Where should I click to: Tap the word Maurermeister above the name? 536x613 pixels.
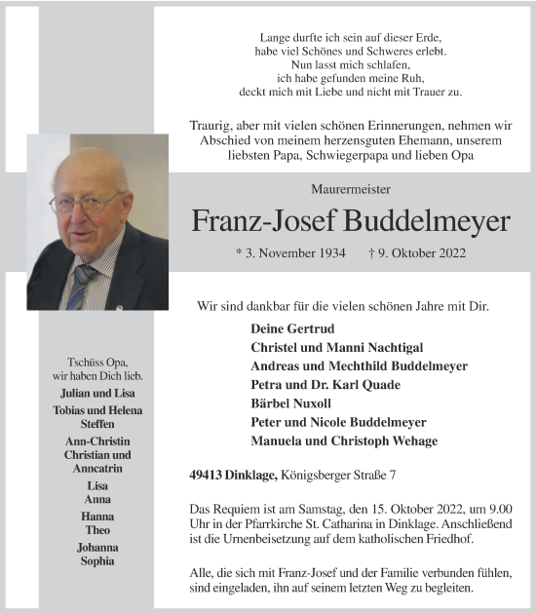350,188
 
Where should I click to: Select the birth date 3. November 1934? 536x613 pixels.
290,253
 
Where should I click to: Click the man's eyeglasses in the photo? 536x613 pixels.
87,204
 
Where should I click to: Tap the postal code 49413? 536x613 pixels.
207,476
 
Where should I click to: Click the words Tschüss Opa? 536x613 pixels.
97,363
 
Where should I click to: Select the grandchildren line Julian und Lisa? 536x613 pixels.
97,394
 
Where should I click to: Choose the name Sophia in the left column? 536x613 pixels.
97,561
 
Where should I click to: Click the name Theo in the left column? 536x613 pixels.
97,530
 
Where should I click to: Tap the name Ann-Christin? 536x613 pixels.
97,441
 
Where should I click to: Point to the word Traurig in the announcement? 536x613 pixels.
215,126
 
